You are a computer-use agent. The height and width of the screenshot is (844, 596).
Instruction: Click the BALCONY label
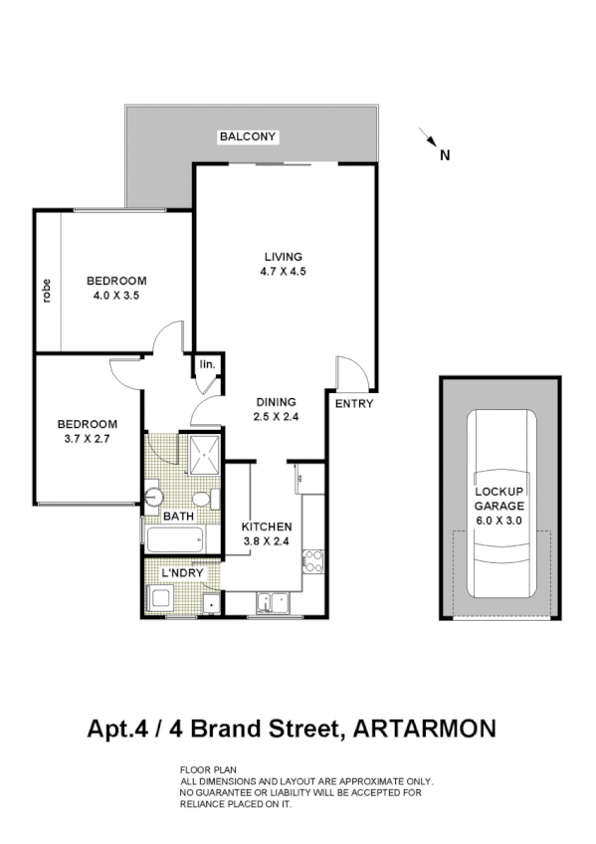pos(248,136)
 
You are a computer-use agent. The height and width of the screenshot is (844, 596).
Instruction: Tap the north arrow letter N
pos(445,154)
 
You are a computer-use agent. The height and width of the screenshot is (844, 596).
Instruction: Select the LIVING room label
pos(282,257)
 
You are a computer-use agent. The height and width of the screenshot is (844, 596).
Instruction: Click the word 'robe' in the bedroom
pos(46,290)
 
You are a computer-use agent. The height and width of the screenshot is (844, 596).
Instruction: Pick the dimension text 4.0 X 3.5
pos(115,295)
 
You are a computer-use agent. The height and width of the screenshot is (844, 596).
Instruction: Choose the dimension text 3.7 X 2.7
pos(86,437)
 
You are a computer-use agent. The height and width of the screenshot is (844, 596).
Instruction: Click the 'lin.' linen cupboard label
pos(208,366)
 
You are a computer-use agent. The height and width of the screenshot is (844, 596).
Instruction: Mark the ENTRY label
pos(353,403)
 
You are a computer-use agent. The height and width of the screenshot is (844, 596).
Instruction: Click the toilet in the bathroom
pos(201,498)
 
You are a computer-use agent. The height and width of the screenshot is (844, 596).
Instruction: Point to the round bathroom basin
pos(153,496)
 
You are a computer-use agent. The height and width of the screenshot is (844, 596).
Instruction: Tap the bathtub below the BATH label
pos(175,539)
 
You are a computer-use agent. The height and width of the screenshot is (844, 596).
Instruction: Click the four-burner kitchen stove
pos(313,559)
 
